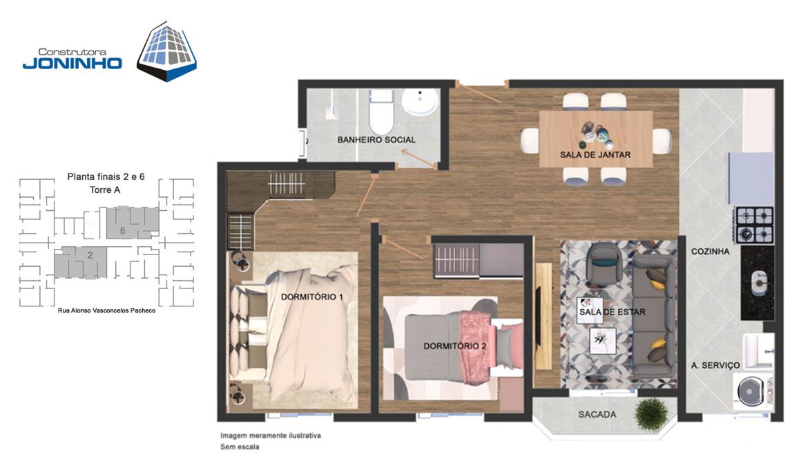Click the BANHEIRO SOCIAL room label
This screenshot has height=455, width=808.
[x=376, y=139]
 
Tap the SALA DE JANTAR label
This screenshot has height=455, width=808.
[x=595, y=154]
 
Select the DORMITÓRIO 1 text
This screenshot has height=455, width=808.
[x=311, y=297]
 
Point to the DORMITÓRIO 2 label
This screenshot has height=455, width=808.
[x=455, y=346]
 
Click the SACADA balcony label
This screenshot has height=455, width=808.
[x=597, y=414]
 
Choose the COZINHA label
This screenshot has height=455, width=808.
[x=710, y=251]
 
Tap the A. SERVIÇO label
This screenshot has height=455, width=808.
[x=715, y=365]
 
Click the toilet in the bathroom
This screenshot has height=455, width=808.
[x=381, y=111]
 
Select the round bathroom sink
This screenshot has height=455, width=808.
[x=419, y=102]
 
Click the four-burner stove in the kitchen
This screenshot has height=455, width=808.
[x=754, y=225]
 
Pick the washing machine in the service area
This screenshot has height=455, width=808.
[x=751, y=391]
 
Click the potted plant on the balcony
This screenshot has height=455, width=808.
[x=651, y=414]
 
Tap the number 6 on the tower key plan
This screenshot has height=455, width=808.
[x=123, y=230]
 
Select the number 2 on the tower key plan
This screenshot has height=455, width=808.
[x=90, y=255]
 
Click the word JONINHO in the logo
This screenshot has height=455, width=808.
[x=72, y=63]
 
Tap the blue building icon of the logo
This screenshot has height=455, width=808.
[x=166, y=52]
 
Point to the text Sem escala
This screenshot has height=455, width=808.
[x=240, y=447]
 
